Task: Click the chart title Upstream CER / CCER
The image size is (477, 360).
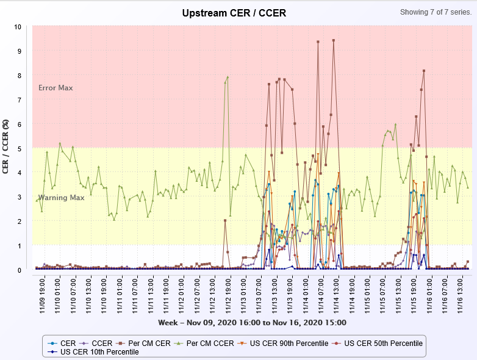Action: (x=234, y=13)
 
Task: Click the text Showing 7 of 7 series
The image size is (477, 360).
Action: (x=436, y=12)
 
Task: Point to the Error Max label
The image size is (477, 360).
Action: (x=56, y=88)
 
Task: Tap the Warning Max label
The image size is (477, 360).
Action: (x=61, y=198)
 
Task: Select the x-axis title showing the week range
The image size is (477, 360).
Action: (x=252, y=322)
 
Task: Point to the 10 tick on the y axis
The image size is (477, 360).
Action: (x=18, y=27)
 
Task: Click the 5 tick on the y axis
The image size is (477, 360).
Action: (x=19, y=148)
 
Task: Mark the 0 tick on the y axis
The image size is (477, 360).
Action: (x=19, y=270)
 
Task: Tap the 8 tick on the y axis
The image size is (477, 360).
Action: (x=19, y=76)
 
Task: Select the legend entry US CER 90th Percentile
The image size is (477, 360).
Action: (x=291, y=344)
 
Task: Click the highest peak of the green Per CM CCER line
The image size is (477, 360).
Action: (x=228, y=77)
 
